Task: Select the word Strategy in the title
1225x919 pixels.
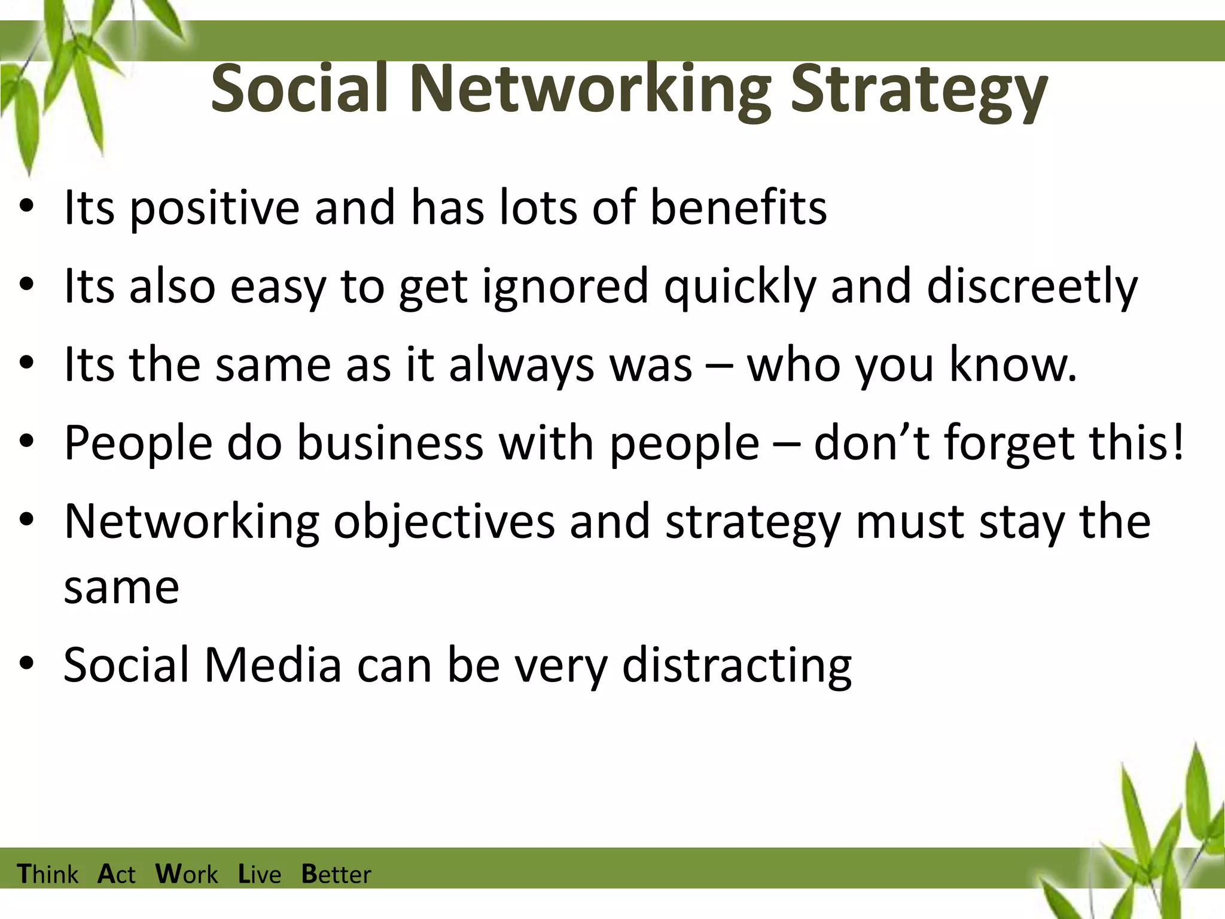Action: [x=919, y=90]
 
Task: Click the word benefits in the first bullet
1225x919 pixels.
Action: [x=738, y=207]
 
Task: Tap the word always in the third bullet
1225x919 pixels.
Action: [x=521, y=365]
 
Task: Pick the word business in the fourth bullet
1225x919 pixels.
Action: [x=390, y=443]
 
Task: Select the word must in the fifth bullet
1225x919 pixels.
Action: [x=910, y=522]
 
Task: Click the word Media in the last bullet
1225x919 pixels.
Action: [x=273, y=665]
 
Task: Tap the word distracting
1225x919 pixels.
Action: [x=736, y=666]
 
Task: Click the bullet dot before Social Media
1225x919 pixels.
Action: [x=26, y=664]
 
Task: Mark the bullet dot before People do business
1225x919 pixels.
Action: [x=26, y=442]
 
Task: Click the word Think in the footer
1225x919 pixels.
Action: [x=48, y=874]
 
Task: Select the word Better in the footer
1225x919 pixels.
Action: [x=336, y=874]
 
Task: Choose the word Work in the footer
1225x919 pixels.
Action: [x=187, y=874]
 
